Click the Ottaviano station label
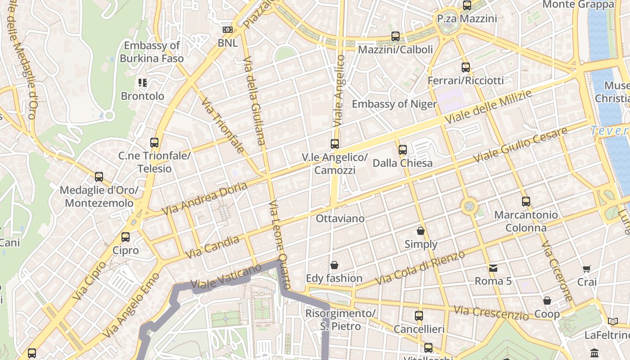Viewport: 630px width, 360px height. point(340,219)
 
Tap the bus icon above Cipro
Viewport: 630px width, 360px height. point(126,237)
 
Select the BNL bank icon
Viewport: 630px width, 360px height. point(228,30)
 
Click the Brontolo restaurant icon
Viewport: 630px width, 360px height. point(143,83)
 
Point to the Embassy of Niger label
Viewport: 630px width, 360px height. point(394,104)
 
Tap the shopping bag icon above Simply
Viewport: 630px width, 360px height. point(421,231)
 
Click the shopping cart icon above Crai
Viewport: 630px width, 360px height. point(587,269)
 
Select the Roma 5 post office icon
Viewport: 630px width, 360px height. point(493,268)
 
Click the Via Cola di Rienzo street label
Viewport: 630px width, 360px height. point(419,268)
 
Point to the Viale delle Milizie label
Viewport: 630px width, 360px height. point(488,107)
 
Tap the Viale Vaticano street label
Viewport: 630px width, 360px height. point(226,276)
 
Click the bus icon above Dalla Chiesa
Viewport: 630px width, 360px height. point(403,150)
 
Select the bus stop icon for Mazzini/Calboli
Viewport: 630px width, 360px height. point(396,36)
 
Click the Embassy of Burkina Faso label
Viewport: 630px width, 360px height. point(152,52)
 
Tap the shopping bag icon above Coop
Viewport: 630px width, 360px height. point(547,301)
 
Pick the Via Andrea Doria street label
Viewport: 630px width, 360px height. point(205,198)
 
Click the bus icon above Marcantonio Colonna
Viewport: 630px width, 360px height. point(526,202)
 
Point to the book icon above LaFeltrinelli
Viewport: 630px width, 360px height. point(612,321)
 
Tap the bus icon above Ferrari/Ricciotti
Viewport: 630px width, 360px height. point(466,68)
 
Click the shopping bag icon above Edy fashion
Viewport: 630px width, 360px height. point(334,265)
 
